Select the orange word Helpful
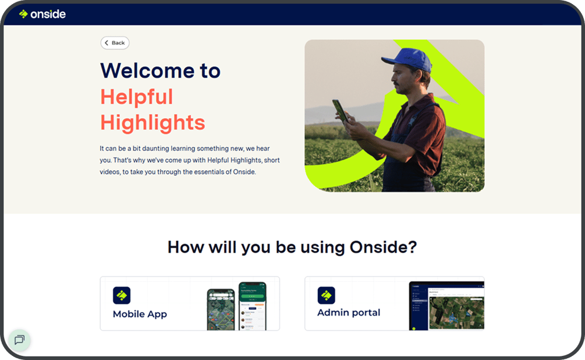[x=137, y=97]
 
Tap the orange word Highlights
[x=153, y=123]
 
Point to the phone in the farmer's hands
[x=340, y=111]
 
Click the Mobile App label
[x=140, y=314]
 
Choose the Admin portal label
[x=349, y=313]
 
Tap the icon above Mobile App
[x=122, y=295]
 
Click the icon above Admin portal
[x=326, y=295]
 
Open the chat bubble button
[x=19, y=340]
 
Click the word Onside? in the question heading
[x=383, y=247]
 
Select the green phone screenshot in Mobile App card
[x=253, y=306]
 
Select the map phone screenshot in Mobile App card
[x=221, y=309]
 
